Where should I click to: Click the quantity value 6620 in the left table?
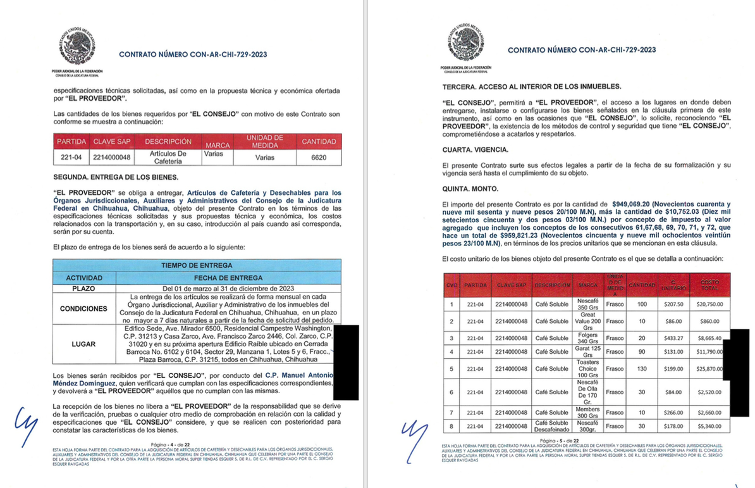point(319,157)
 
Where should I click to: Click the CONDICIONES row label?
point(83,309)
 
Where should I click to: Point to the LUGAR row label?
point(83,344)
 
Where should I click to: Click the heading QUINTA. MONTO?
point(470,189)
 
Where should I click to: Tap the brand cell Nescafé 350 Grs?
point(587,304)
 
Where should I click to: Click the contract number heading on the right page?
point(582,49)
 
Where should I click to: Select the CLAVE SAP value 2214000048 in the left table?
point(111,157)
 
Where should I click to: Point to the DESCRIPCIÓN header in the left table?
point(168,141)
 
